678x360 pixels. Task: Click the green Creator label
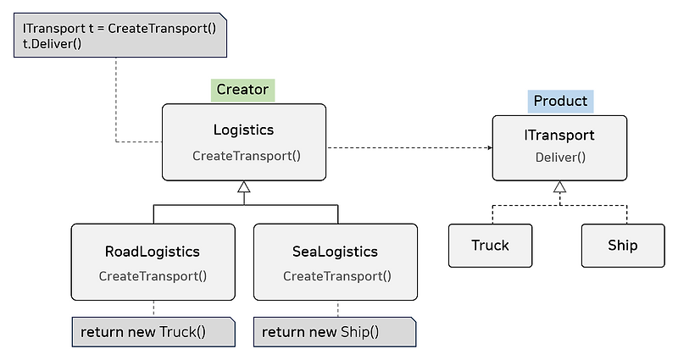tap(242, 89)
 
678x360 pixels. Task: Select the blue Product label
tap(560, 101)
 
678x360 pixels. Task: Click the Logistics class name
tap(243, 130)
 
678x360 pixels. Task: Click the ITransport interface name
tap(560, 135)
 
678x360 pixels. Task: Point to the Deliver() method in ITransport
tap(560, 157)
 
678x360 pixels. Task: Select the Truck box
tap(490, 246)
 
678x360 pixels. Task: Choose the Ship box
tap(622, 246)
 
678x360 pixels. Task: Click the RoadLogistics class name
tap(153, 252)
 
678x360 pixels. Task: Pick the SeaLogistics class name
tap(335, 252)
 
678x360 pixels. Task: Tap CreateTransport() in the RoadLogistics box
tap(153, 276)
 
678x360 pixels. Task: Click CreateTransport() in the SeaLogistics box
tap(336, 276)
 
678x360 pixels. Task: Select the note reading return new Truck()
tap(153, 331)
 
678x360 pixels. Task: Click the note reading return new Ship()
tap(335, 331)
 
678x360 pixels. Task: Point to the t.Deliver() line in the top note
tap(48, 43)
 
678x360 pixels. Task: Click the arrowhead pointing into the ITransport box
tap(488, 147)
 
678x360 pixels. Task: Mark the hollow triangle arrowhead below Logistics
tap(244, 186)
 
